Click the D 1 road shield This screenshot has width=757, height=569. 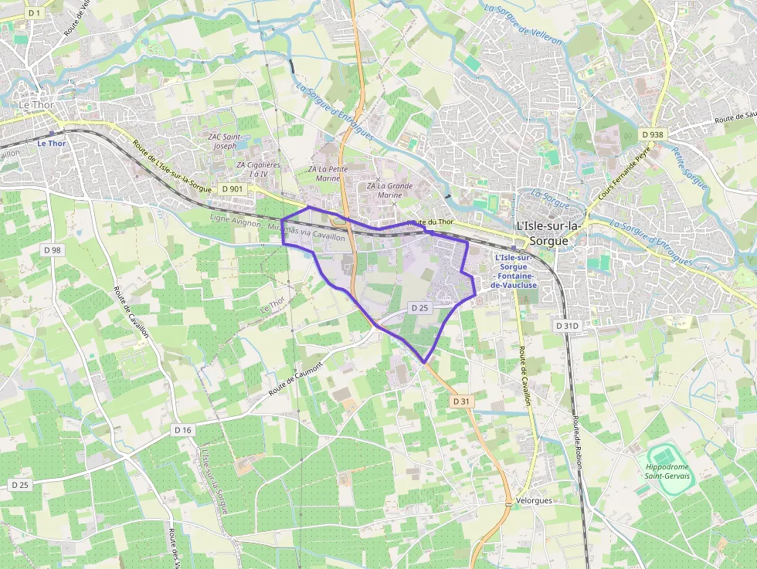tap(34, 13)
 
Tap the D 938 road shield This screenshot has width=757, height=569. tap(653, 134)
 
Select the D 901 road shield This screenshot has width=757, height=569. tap(232, 188)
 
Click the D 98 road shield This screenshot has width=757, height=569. tap(53, 249)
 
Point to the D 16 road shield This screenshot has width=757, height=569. tap(182, 429)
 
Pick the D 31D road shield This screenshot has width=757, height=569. tap(566, 327)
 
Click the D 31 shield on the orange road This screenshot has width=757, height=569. tap(461, 401)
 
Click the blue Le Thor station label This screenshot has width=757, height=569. tap(53, 143)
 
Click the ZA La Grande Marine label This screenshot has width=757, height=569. tap(390, 190)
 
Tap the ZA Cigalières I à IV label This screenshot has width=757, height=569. tap(259, 169)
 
